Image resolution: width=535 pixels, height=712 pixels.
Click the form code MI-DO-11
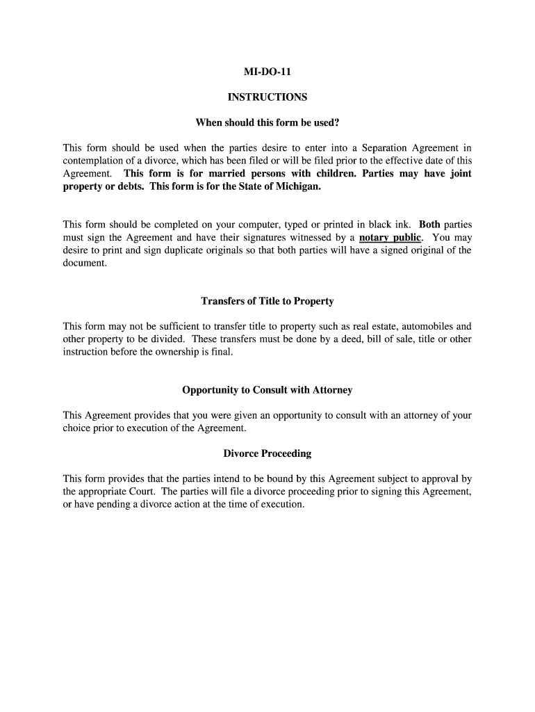pyautogui.click(x=267, y=72)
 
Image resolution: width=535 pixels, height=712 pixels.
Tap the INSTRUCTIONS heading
pyautogui.click(x=267, y=97)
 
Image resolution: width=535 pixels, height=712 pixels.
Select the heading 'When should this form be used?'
pyautogui.click(x=267, y=123)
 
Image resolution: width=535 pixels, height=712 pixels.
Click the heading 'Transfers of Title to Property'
pyautogui.click(x=267, y=301)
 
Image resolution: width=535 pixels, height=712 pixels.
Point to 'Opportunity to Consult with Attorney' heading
pyautogui.click(x=267, y=390)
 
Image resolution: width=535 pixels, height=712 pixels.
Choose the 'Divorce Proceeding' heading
pyautogui.click(x=267, y=453)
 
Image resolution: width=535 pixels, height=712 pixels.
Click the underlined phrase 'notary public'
pyautogui.click(x=390, y=238)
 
